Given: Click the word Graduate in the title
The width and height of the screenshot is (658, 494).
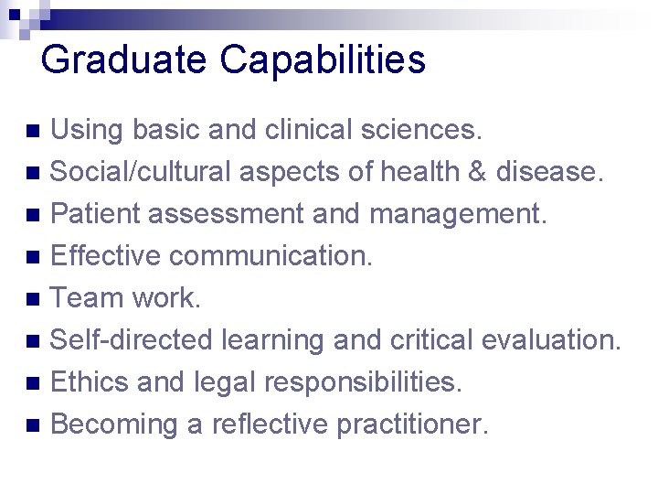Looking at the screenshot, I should click(x=123, y=60).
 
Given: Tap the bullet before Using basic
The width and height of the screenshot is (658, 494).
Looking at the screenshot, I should click(x=33, y=131).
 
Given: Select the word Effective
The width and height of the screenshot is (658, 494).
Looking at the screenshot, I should click(x=106, y=256).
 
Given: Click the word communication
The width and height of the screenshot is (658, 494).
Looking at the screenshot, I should click(x=272, y=256).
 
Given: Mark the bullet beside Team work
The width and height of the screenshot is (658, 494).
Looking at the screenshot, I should click(x=33, y=299).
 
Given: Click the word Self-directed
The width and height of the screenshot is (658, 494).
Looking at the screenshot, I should click(x=132, y=340).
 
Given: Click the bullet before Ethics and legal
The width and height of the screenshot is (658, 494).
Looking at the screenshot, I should click(x=33, y=383).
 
